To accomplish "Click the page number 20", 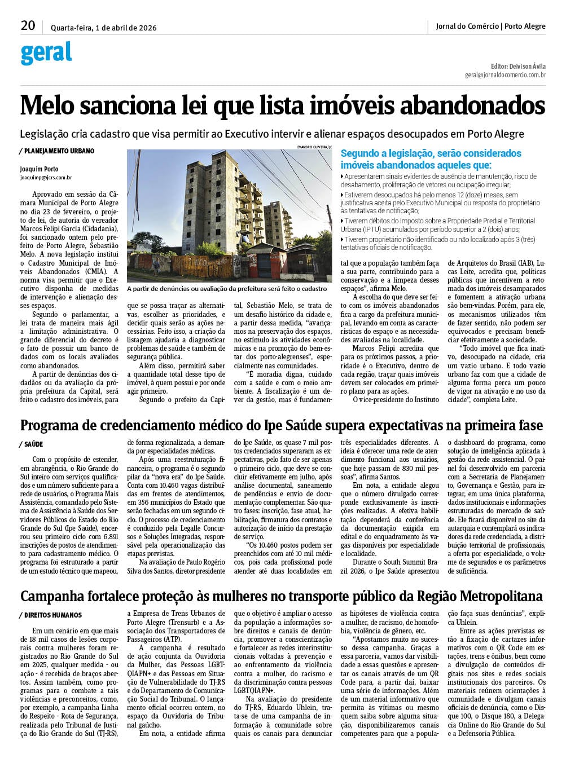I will (x=28, y=25).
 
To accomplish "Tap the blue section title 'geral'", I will (x=46, y=53).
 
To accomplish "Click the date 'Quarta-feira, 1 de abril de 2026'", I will (x=104, y=28).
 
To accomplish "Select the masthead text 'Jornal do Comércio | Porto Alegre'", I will (x=490, y=26).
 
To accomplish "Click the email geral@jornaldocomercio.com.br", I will (x=505, y=74).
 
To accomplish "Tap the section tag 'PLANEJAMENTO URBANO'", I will (x=59, y=151).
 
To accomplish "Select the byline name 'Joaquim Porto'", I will (x=39, y=169).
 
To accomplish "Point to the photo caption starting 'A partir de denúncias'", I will (x=227, y=288).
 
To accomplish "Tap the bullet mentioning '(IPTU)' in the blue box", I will (x=437, y=225).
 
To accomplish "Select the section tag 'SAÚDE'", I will (x=33, y=444).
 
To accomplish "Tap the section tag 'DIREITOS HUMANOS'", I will (x=52, y=615).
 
